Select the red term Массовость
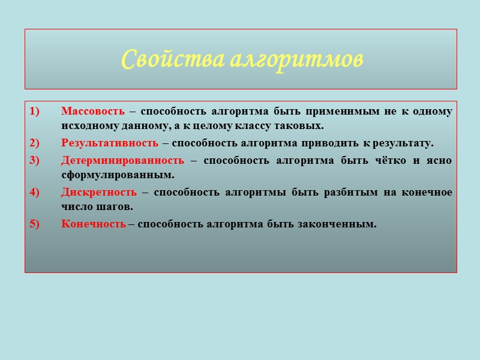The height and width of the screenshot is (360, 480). (x=93, y=111)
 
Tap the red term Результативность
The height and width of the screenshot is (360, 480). (x=110, y=143)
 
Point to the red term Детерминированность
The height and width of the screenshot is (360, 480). (x=122, y=160)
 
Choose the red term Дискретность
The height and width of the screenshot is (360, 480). (x=99, y=192)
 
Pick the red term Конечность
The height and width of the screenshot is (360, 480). (x=94, y=224)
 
